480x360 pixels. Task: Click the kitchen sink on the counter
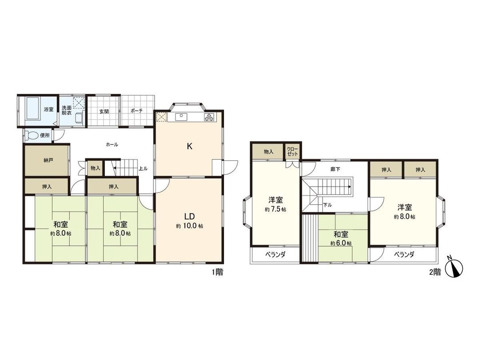click(x=182, y=117)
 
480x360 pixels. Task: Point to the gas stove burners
click(x=208, y=117)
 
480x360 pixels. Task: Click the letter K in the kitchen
click(x=189, y=147)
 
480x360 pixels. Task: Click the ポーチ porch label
click(x=137, y=111)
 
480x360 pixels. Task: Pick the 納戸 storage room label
click(x=48, y=160)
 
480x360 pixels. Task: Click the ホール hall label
click(x=112, y=144)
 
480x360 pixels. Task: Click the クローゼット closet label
click(x=292, y=151)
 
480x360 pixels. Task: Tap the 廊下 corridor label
click(x=336, y=169)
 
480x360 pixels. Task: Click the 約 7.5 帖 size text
click(x=276, y=209)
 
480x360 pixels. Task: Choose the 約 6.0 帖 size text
click(x=341, y=243)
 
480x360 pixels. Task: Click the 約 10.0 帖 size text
click(x=190, y=226)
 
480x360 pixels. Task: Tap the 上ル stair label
click(x=143, y=168)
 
